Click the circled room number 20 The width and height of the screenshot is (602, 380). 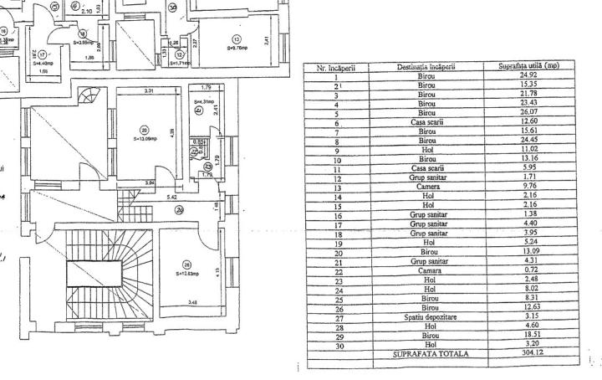145,130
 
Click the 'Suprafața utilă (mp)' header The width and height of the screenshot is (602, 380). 528,69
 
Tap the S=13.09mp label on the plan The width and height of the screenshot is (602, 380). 145,139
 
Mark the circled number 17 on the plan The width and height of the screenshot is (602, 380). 42,54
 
